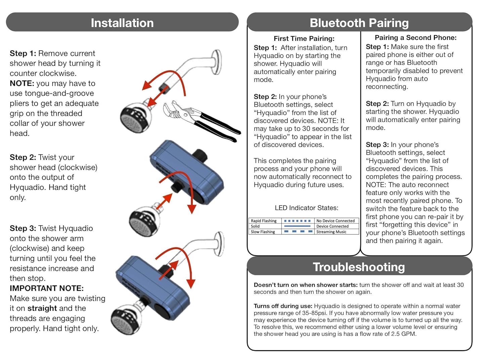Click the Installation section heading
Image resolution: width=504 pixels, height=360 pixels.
(x=122, y=23)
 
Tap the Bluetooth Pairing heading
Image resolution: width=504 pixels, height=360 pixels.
(x=359, y=23)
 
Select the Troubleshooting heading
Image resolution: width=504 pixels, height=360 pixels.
(x=359, y=267)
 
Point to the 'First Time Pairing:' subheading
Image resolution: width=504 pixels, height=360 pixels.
(x=304, y=39)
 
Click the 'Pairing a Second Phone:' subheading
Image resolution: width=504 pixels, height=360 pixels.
(x=415, y=38)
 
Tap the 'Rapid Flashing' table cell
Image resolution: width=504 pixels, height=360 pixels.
(x=264, y=221)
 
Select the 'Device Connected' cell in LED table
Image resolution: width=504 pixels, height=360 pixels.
(x=332, y=226)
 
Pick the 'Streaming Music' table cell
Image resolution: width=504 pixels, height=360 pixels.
(x=331, y=232)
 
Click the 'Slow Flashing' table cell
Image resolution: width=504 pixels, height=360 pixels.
(x=263, y=232)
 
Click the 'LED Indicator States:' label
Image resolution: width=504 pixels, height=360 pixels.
(x=306, y=208)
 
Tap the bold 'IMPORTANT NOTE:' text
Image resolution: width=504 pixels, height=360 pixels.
(x=47, y=288)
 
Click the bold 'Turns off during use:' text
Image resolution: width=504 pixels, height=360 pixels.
(x=283, y=306)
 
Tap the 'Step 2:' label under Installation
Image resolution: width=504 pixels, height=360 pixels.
(x=23, y=157)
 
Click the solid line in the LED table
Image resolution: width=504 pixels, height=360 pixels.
(x=298, y=226)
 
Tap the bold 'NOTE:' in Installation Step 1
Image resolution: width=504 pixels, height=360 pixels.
(x=22, y=83)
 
